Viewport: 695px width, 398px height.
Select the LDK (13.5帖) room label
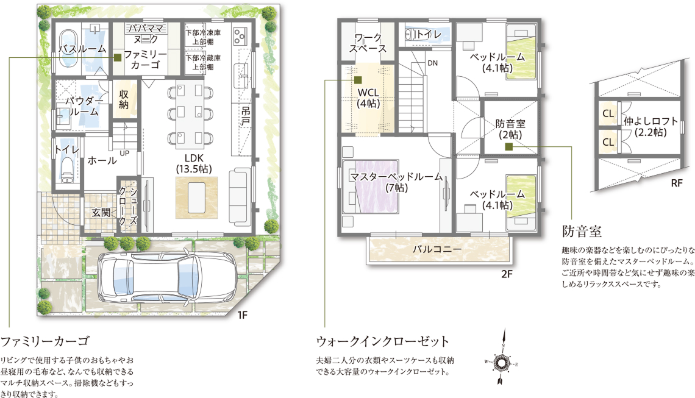tap(194, 163)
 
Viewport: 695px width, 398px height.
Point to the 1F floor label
tap(243, 315)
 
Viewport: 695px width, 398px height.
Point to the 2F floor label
tap(507, 274)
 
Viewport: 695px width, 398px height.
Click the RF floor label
tap(676, 183)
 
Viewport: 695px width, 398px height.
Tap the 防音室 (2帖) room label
tap(510, 129)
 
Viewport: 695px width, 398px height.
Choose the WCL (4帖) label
tap(368, 98)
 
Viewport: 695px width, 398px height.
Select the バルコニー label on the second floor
tap(437, 249)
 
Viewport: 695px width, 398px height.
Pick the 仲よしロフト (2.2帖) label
tap(650, 126)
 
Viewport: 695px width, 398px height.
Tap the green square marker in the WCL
tap(358, 80)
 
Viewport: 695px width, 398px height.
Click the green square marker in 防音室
tap(509, 147)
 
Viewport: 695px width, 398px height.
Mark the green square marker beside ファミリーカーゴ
tap(118, 58)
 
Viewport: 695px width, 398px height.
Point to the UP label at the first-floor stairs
tap(124, 154)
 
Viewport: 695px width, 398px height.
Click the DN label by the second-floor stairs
tap(433, 63)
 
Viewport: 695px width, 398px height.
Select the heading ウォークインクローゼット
tap(383, 341)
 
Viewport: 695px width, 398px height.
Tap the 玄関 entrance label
tap(101, 213)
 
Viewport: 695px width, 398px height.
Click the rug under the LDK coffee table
tap(197, 197)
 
